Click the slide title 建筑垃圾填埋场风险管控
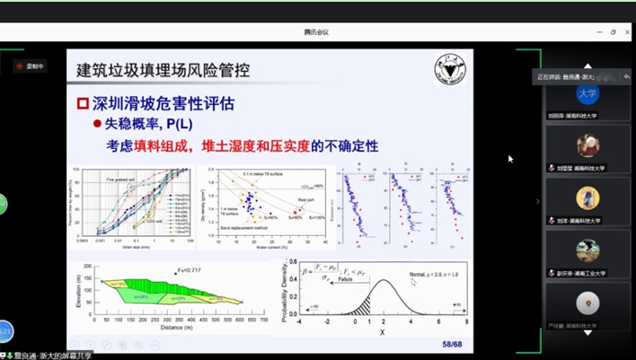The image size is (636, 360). tap(163, 69)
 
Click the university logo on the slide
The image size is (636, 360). tap(446, 71)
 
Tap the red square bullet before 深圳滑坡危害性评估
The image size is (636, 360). tap(83, 103)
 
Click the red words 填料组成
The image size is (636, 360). tap(163, 145)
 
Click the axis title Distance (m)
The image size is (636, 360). tap(177, 329)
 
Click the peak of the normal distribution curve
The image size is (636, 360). tap(384, 280)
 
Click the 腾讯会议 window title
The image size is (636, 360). tap(317, 32)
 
